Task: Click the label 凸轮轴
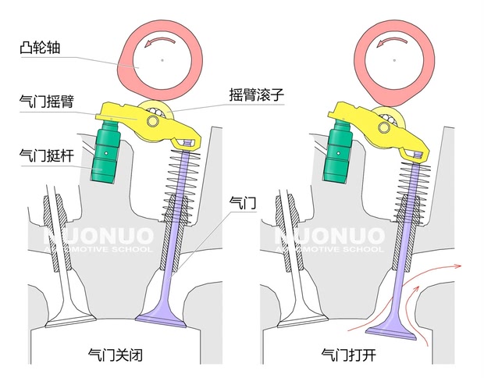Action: (40, 47)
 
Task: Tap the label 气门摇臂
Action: (47, 101)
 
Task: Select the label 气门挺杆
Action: (47, 155)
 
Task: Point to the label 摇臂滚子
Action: (256, 94)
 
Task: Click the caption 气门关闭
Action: (115, 355)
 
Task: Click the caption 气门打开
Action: (348, 355)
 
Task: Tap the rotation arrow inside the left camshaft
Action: (159, 41)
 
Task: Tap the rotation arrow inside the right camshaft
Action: (391, 41)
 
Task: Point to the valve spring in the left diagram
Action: (181, 185)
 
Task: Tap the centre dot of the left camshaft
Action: (162, 60)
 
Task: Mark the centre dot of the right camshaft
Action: (394, 60)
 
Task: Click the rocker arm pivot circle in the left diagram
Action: (153, 121)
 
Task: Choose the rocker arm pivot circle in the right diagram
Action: (384, 127)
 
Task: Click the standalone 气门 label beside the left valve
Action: (243, 203)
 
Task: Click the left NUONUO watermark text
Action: (98, 237)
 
